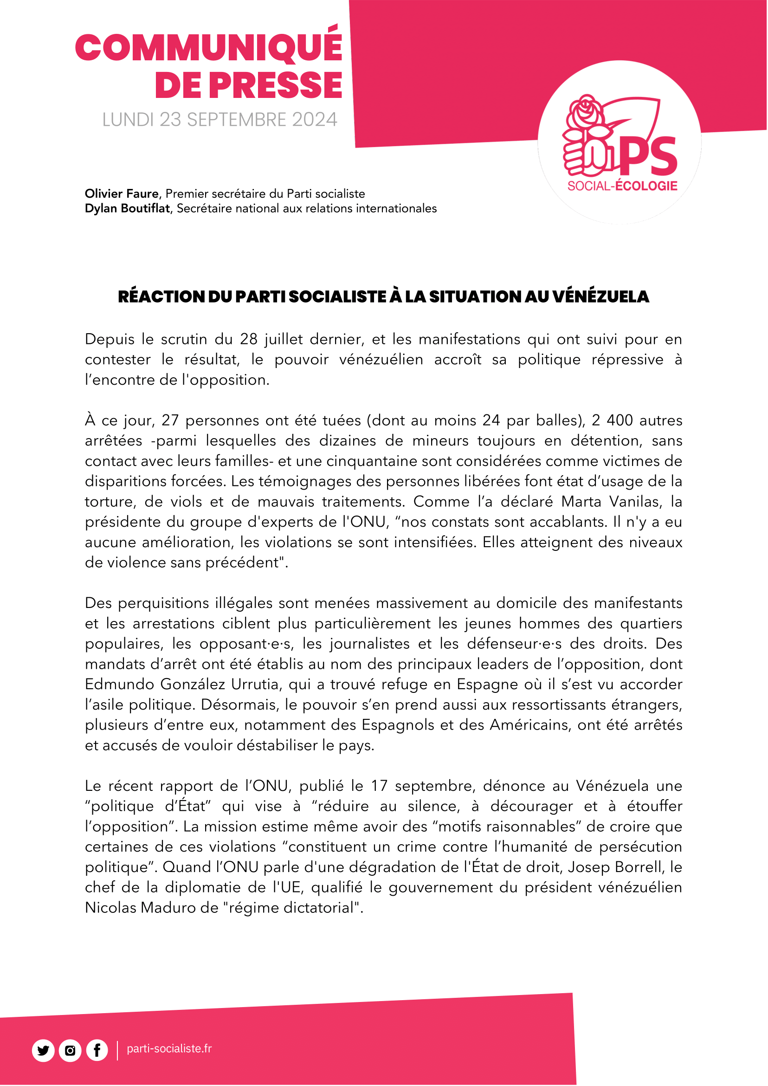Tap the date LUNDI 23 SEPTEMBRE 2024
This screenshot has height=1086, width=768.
pos(219,120)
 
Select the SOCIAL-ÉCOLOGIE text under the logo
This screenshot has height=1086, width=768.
pos(622,186)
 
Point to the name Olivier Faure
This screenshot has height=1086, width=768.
pos(122,194)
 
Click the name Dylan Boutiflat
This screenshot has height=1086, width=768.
pos(127,208)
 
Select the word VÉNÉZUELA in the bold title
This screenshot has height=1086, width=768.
pos(600,297)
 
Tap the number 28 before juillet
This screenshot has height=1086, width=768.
pos(249,339)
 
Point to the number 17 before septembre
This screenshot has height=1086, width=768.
pos(379,786)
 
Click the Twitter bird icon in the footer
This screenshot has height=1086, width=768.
pos(43,1051)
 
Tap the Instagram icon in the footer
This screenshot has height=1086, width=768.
pos(70,1051)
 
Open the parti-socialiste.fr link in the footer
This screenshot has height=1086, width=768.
pos(169,1048)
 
